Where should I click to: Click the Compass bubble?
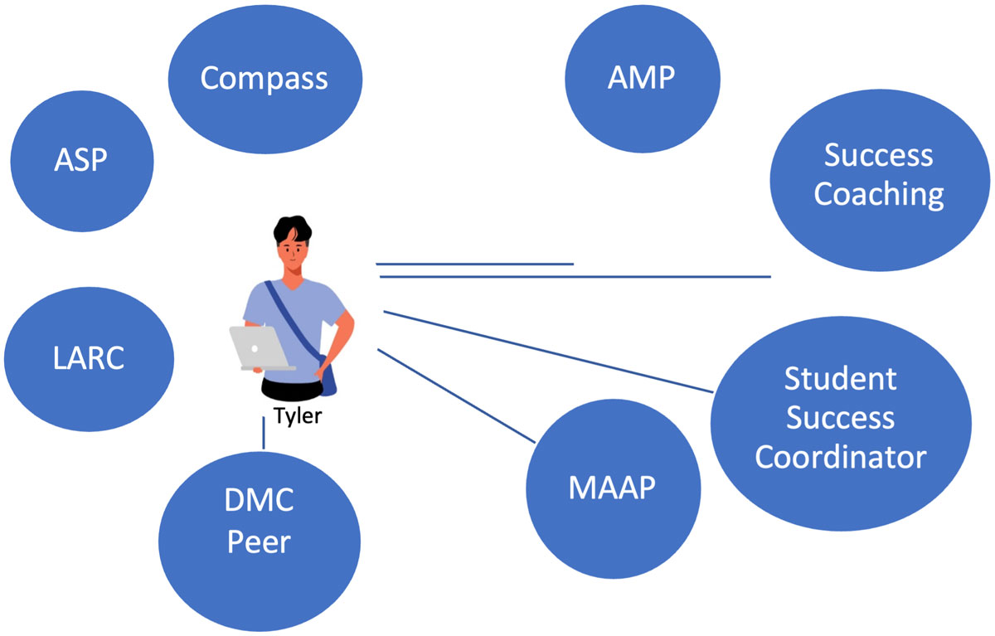265,79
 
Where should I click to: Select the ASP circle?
82,161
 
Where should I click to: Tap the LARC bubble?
89,359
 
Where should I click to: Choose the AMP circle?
643,79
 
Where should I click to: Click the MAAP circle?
614,488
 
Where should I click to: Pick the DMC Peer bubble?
260,541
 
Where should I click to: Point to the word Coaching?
879,195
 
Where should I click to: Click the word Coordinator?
841,457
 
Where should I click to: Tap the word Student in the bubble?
841,379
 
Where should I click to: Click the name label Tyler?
297,416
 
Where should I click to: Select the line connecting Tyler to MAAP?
456,396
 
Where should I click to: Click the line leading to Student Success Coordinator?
548,352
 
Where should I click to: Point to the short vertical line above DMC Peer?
264,433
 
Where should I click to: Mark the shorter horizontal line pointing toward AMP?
474,264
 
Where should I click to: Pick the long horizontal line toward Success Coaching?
575,277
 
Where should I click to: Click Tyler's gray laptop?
261,348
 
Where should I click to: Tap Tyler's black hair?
292,229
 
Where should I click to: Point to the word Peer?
259,542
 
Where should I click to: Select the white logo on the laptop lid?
255,348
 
